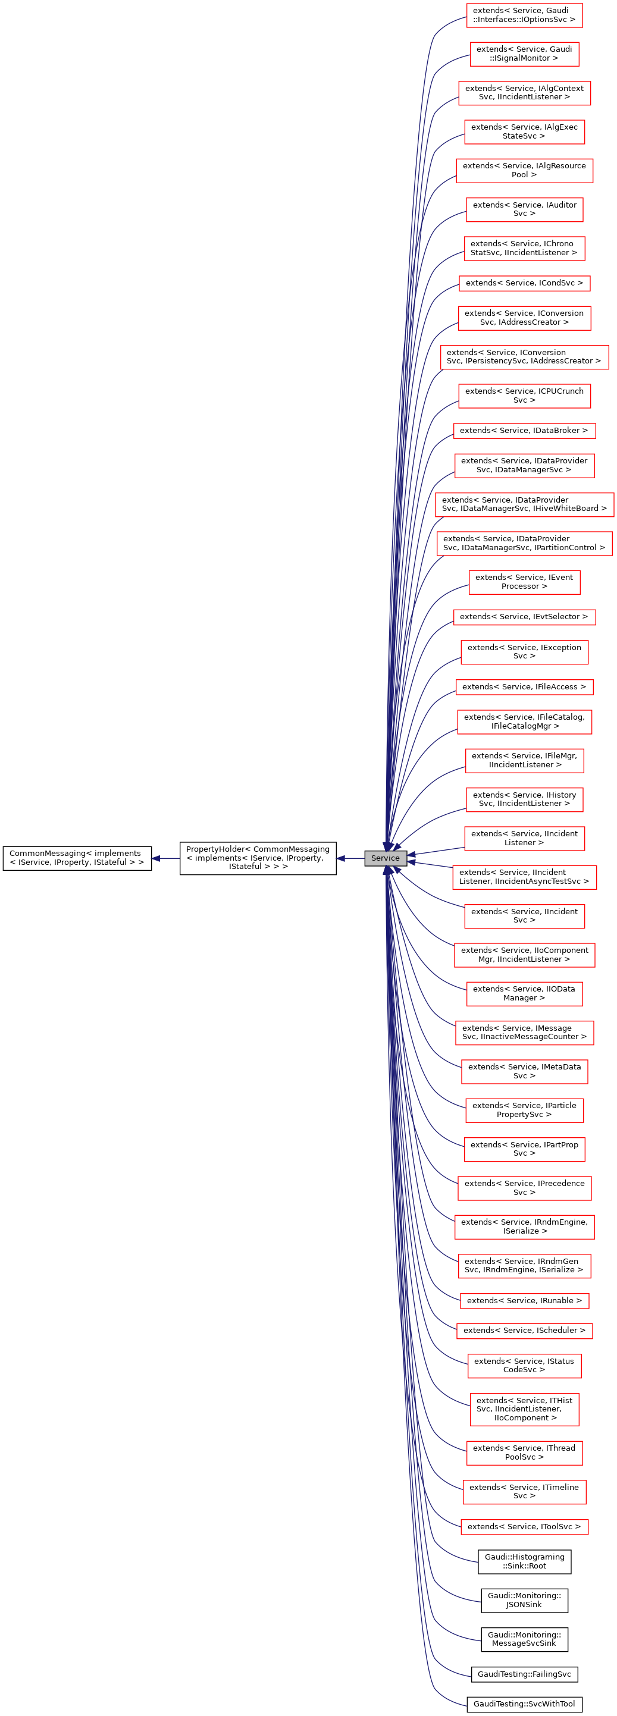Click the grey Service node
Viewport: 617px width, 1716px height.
click(385, 858)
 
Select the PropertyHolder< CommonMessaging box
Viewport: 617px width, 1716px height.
click(257, 858)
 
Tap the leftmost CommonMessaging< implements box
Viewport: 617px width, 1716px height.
click(77, 858)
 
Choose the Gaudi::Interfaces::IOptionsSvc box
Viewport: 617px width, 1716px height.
click(524, 15)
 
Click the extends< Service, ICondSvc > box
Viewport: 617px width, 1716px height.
click(524, 283)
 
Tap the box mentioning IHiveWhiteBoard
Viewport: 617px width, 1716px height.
click(524, 504)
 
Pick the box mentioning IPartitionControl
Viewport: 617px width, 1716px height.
click(524, 544)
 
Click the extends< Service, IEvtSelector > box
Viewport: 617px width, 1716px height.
click(524, 617)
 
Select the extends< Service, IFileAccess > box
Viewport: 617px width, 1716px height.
click(524, 687)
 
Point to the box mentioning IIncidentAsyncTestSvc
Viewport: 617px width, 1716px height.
click(524, 877)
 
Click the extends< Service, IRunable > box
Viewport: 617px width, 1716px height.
click(524, 1300)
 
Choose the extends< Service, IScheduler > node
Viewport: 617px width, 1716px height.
click(524, 1331)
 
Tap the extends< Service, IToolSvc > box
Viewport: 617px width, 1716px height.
click(524, 1526)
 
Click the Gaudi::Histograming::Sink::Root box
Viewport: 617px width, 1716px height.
click(524, 1561)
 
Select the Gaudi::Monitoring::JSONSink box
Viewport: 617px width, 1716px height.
click(524, 1600)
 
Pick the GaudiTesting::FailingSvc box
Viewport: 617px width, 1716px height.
click(524, 1674)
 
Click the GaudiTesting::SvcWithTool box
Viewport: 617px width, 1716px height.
click(524, 1704)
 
